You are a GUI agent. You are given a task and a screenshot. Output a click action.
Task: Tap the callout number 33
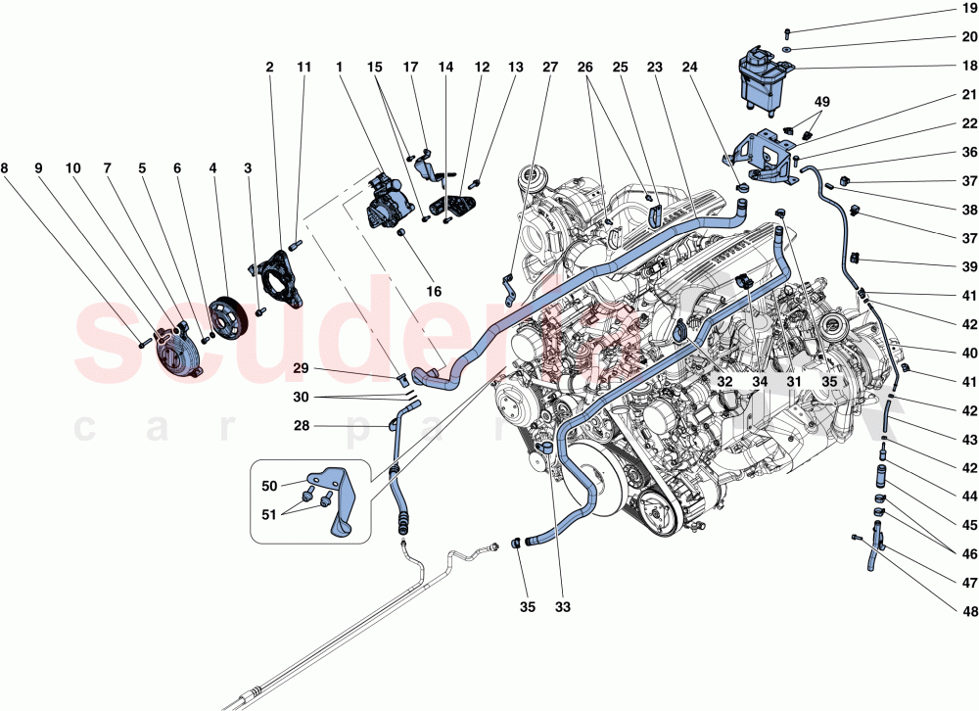(x=560, y=607)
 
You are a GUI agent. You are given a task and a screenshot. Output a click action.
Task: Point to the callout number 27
(x=550, y=68)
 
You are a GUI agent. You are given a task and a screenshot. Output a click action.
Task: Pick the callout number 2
(x=269, y=68)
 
